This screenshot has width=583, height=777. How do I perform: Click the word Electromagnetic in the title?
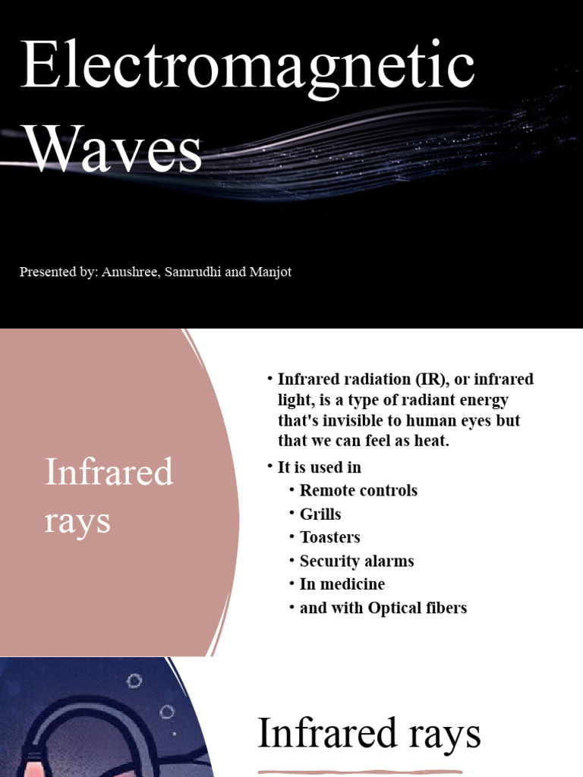248,68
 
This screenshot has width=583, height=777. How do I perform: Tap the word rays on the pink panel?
77,521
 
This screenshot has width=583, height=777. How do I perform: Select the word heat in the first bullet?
433,440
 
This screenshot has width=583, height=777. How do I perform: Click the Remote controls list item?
358,490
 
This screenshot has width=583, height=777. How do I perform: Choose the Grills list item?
320,514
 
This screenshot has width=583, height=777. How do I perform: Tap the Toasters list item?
329,537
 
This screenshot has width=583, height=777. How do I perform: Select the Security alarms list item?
357,561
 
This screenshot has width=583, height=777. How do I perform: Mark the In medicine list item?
342,584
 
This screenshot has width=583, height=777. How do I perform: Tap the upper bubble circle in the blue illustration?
134,681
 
